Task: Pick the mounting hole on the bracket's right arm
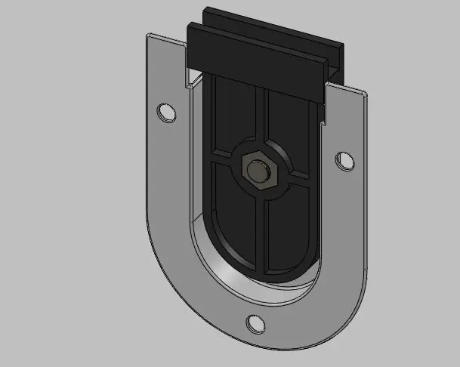pos(344,160)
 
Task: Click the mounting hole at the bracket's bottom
pos(256,323)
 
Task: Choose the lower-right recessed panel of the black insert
pos(291,227)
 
